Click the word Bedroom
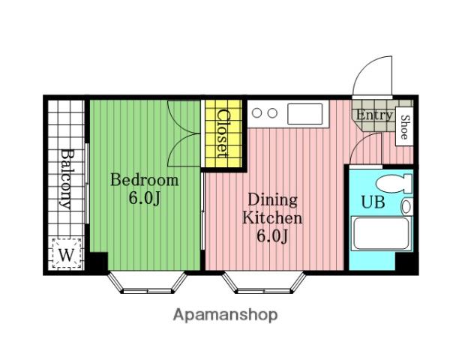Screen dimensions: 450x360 pos(144,180)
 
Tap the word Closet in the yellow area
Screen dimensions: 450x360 pos(223,133)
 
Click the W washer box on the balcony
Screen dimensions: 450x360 pos(66,253)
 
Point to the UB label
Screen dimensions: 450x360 pos(373,202)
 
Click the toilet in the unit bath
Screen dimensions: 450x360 pos(394,184)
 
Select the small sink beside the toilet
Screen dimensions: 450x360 pos(407,207)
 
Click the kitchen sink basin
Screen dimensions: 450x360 pos(304,114)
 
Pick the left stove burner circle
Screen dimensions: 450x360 pos(256,112)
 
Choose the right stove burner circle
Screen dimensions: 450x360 pos(272,112)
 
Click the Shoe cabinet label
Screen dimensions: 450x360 pos(404,127)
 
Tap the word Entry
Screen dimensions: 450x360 pos(374,115)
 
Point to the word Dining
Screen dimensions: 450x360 pos(272,200)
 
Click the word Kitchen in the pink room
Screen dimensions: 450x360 pos(272,218)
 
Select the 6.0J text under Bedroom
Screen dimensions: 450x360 pos(144,198)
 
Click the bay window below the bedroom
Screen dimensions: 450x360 pos(148,283)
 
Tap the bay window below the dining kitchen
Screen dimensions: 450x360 pos(264,283)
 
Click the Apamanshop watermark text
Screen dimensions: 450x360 pos(225,315)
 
